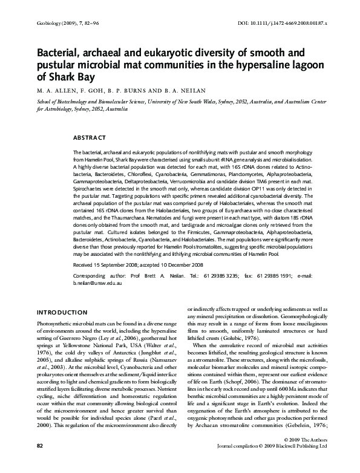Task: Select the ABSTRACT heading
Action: tap(89, 138)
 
